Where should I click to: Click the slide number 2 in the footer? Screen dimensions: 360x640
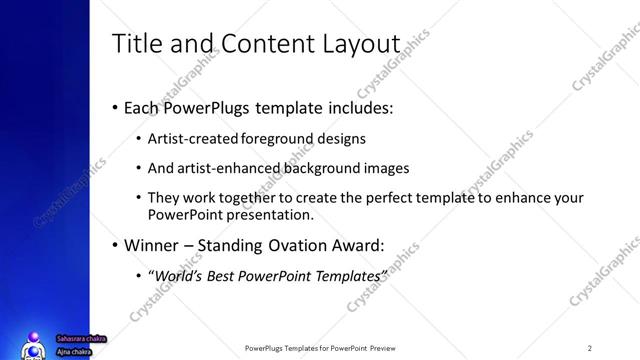(x=590, y=348)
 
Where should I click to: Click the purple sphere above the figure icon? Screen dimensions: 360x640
(x=35, y=336)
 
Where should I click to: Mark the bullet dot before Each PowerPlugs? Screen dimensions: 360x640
(x=115, y=107)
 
